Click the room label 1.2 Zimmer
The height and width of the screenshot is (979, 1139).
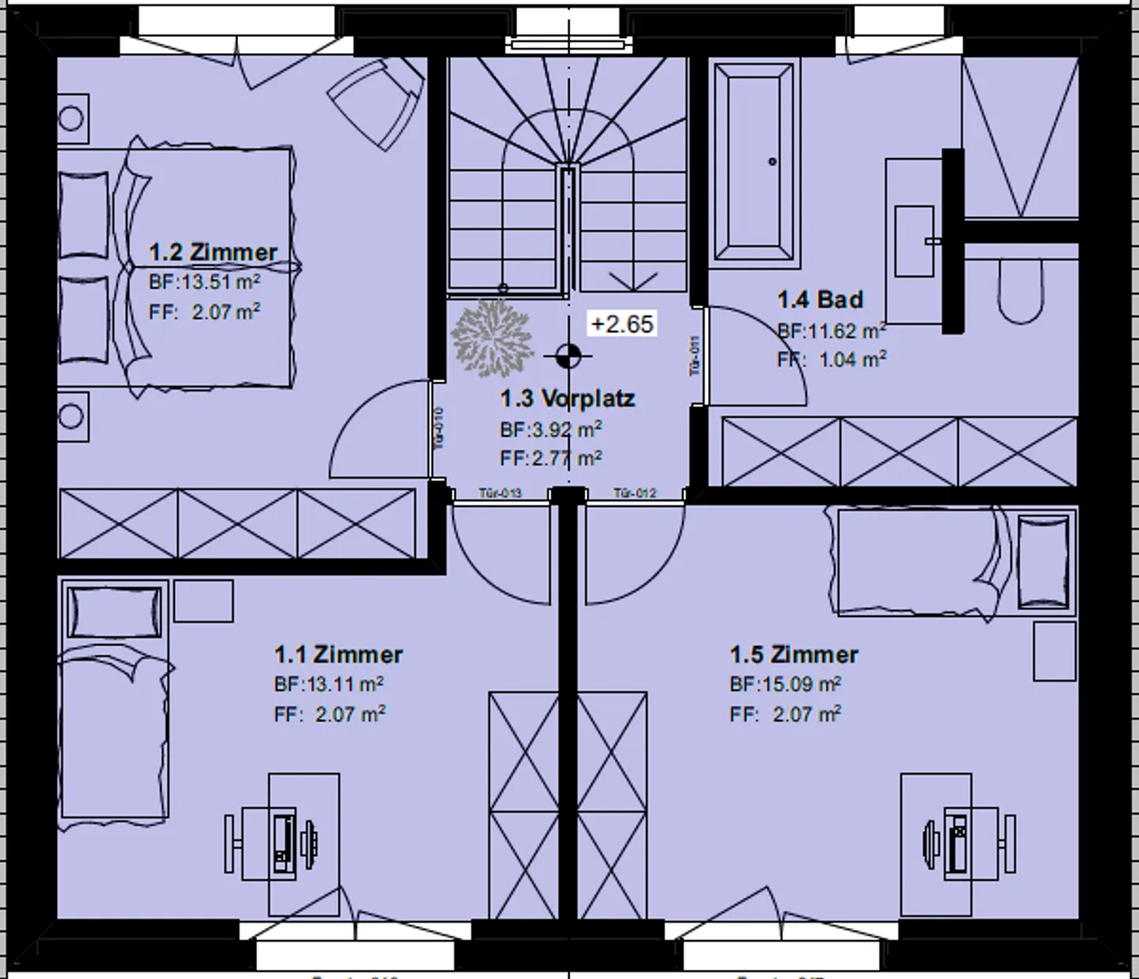coord(213,253)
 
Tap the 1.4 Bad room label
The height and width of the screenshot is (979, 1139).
coord(819,300)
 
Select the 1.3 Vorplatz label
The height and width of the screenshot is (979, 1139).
coord(567,399)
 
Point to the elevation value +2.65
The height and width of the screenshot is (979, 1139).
coord(622,324)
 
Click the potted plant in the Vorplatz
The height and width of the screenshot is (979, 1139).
coord(492,338)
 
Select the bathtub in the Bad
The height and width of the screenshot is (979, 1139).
coord(754,162)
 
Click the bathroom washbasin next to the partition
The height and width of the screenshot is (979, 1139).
coord(915,240)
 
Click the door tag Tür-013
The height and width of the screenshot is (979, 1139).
coord(500,493)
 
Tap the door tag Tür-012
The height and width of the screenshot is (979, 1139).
coord(635,493)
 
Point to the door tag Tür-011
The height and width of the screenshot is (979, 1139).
coord(695,356)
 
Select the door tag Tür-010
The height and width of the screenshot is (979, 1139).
coord(439,428)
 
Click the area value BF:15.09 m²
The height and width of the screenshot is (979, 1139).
coord(785,684)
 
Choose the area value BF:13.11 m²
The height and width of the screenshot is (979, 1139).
coord(329,684)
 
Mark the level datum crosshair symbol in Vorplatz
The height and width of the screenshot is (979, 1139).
coord(566,357)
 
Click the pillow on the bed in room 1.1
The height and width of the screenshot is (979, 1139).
coord(115,611)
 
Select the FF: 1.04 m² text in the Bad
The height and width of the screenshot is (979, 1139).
coord(831,360)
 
